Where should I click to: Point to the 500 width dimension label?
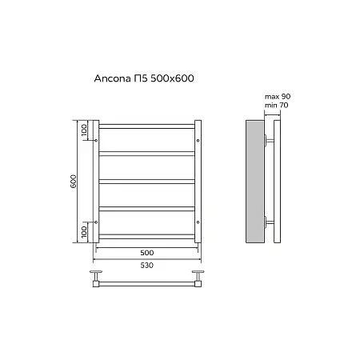(x=146, y=253)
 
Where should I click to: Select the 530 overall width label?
(x=146, y=266)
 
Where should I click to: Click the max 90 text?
(x=276, y=98)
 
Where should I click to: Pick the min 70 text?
(x=276, y=106)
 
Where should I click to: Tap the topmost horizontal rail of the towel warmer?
(x=146, y=126)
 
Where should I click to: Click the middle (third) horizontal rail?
(x=146, y=182)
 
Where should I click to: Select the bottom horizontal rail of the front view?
(x=146, y=238)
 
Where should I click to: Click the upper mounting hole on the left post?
(x=95, y=140)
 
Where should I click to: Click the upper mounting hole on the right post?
(x=197, y=140)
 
